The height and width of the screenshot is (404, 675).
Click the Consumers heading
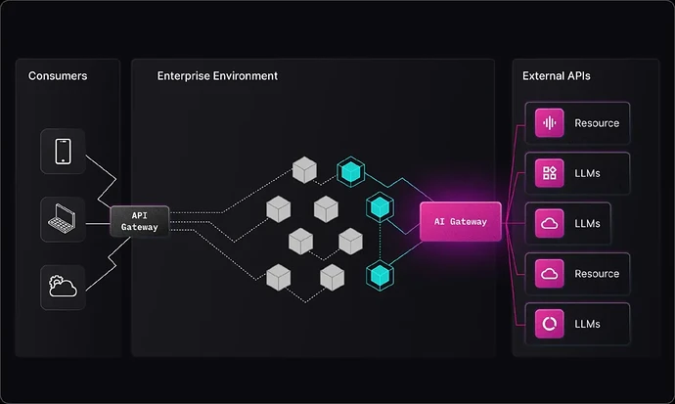[x=58, y=76]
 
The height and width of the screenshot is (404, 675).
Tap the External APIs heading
[x=557, y=76]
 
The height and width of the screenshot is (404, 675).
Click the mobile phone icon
[x=63, y=152]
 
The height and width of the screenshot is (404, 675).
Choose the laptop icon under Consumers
[x=62, y=219]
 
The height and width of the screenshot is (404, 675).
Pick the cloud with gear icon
[x=63, y=287]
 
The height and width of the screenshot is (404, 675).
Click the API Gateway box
[x=140, y=221]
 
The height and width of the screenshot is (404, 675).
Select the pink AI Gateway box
[x=461, y=222]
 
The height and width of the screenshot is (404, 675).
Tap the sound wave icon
[x=550, y=123]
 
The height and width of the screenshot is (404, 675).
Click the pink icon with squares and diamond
[x=550, y=173]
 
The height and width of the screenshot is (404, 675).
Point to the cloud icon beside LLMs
[x=550, y=223]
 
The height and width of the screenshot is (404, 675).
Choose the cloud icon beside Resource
[x=550, y=274]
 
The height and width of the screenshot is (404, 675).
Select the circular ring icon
[x=550, y=324]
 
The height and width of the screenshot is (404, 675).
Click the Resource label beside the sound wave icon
[x=597, y=123]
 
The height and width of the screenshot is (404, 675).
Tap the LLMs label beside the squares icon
[x=587, y=173]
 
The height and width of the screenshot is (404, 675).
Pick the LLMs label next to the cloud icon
[x=587, y=224]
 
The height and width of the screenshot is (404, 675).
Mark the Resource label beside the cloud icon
[x=597, y=274]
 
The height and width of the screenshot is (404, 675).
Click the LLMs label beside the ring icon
[x=587, y=324]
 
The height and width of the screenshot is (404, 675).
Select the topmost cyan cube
[x=351, y=171]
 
